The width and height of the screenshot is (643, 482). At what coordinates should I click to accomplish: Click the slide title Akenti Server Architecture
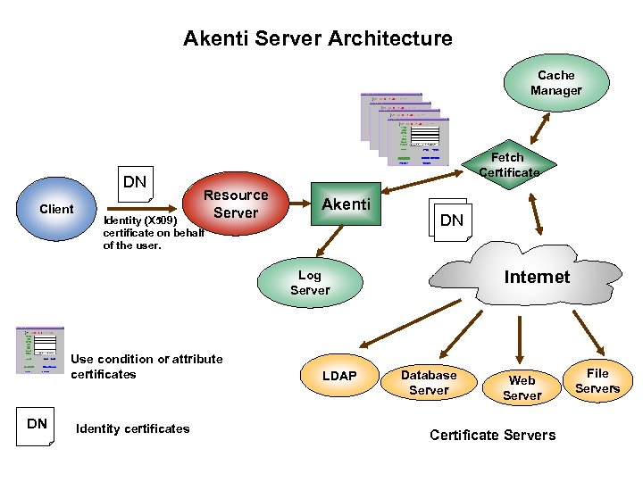tap(317, 38)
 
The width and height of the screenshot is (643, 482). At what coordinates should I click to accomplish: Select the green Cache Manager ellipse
tap(555, 83)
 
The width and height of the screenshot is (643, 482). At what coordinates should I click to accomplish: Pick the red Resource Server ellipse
tap(236, 204)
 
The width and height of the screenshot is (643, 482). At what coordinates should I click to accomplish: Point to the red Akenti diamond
tap(346, 204)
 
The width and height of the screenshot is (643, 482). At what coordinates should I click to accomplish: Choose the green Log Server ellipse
tap(310, 283)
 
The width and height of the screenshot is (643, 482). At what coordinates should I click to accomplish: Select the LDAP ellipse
tap(338, 376)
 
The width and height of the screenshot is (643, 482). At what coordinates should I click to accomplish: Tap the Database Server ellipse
tap(429, 382)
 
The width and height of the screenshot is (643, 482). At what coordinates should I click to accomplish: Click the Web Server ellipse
tap(522, 387)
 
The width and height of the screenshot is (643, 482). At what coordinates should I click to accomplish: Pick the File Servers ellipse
tap(597, 381)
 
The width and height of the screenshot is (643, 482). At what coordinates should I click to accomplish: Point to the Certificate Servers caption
tap(492, 436)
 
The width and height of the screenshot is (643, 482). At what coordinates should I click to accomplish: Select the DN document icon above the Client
tap(136, 183)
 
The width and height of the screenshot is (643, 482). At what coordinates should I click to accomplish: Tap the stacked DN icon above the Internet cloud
tap(450, 218)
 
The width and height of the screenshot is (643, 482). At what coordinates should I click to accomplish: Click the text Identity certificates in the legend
tap(133, 428)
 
